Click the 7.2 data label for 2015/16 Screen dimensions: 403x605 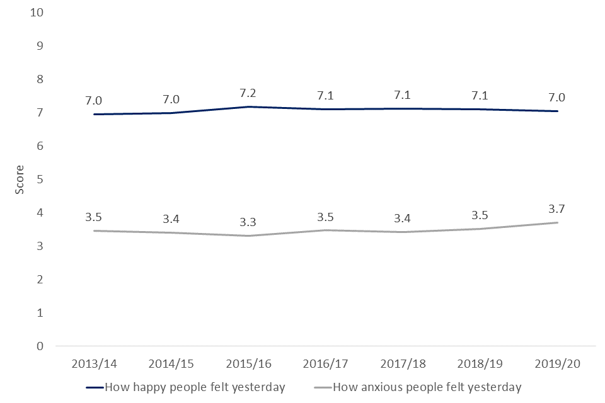[247, 93]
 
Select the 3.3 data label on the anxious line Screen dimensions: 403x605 [247, 222]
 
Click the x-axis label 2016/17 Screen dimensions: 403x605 [325, 365]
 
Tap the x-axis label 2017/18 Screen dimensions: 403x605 [402, 365]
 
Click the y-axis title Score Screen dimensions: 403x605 [20, 179]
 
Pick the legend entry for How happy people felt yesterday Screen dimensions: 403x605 [195, 387]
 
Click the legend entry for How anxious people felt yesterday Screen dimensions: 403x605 [426, 387]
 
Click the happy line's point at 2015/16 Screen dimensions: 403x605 [247, 107]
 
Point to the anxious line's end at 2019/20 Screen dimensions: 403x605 [557, 222]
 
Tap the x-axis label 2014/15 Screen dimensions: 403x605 [170, 365]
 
